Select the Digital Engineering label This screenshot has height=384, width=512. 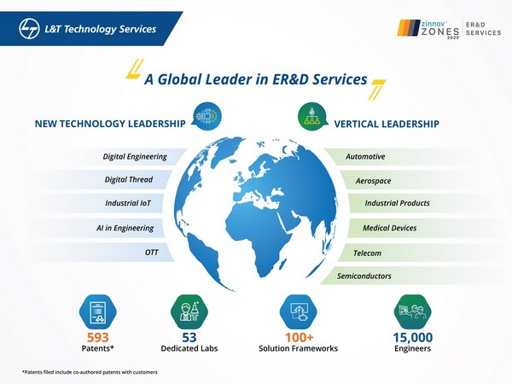(129, 157)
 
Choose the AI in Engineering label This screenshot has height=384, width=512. (125, 228)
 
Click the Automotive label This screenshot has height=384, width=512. (365, 157)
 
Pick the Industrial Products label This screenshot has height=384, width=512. (397, 204)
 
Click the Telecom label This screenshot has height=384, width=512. (367, 253)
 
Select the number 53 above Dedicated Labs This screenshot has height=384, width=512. (189, 336)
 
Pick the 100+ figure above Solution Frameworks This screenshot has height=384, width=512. (298, 336)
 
